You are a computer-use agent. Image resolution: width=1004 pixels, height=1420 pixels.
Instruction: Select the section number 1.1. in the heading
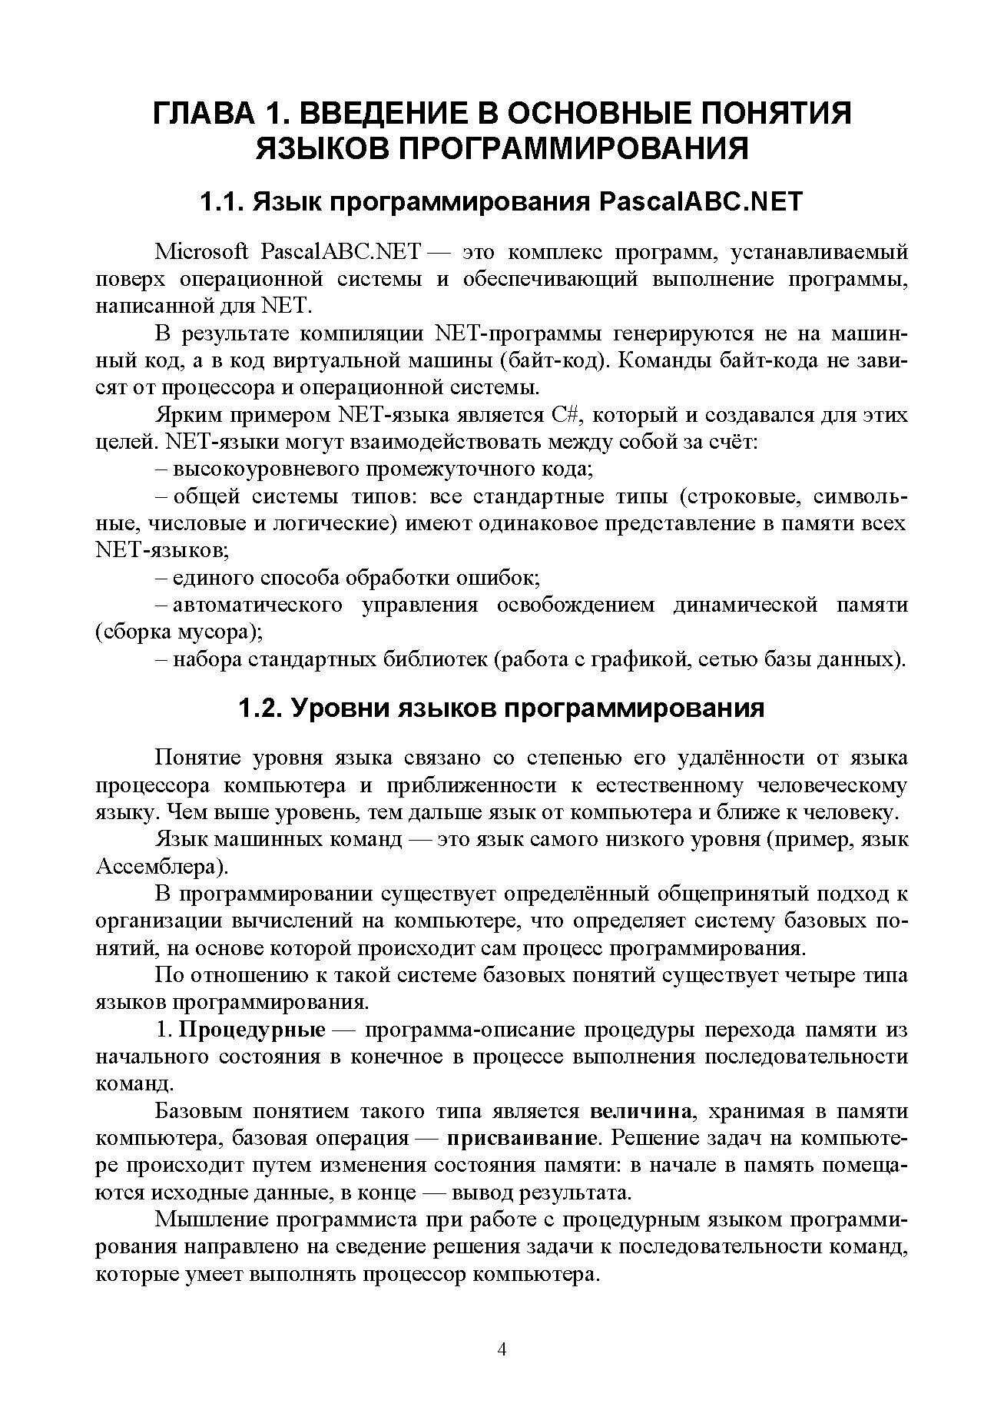pos(221,202)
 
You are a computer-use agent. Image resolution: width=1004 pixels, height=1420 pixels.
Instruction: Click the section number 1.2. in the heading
pos(261,708)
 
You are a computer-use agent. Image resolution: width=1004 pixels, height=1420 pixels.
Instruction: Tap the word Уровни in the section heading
pos(340,708)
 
